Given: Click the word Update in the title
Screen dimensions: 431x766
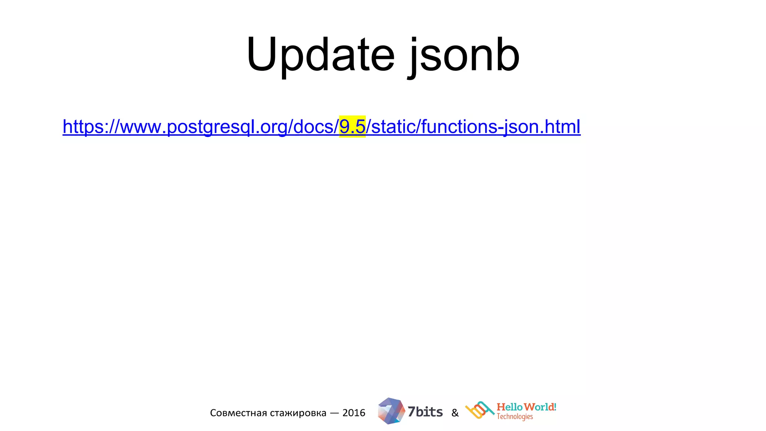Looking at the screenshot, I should coord(320,55).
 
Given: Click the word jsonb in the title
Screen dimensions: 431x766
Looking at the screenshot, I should coord(464,56).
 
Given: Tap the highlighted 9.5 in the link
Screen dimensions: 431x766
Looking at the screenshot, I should coord(352,126).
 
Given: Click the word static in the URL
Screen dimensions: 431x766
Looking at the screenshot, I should coord(393,126).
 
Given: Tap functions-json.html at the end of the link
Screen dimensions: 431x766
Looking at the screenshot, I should coord(501,126).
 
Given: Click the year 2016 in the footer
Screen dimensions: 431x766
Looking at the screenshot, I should coord(354,413).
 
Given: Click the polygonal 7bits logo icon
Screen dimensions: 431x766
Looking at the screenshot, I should coord(391,411).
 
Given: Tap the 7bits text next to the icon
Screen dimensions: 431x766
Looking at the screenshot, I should coord(425,412).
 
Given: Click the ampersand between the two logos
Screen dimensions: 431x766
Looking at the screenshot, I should coord(455,413).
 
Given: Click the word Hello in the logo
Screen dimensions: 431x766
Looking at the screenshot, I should coord(509,407).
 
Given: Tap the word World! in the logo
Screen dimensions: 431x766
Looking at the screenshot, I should coord(540,407).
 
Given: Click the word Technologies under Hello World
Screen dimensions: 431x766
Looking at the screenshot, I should coord(515,417).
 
